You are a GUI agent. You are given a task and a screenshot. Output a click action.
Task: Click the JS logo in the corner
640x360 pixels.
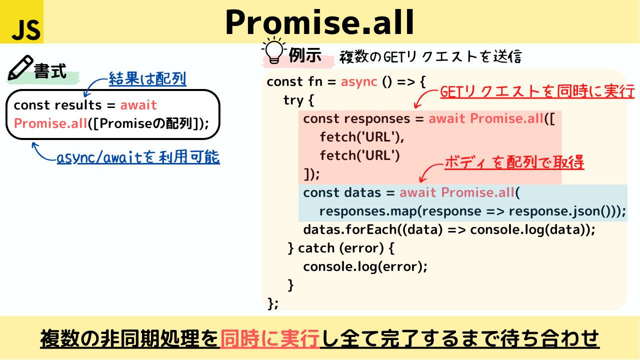21,21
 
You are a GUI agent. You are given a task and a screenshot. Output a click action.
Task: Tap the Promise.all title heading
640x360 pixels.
319,22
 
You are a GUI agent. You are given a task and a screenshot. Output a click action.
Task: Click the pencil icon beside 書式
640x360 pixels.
20,67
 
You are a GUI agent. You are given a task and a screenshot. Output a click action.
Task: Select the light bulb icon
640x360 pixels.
273,50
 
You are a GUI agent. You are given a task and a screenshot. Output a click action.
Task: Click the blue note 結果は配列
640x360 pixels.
147,78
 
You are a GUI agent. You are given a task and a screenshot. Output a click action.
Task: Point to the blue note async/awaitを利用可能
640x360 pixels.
138,157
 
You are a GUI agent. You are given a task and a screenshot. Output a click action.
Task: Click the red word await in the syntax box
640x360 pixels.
138,105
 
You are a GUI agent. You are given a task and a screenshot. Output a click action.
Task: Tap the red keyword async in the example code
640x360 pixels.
359,82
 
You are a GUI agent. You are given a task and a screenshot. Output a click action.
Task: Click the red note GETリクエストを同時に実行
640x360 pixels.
537,91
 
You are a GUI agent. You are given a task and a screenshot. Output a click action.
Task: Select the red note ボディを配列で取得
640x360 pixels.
514,162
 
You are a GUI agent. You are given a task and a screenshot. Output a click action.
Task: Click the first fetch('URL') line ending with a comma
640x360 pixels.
362,137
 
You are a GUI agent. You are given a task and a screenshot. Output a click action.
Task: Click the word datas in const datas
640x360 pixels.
362,192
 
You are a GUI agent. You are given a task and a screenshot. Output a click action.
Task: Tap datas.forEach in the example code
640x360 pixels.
350,229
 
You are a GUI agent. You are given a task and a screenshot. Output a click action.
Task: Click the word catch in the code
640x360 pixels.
316,248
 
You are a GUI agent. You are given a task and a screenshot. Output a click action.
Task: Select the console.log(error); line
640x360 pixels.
365,267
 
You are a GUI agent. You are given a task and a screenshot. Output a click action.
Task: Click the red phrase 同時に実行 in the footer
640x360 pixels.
269,338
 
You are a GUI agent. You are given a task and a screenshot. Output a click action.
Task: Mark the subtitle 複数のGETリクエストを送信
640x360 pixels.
430,56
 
